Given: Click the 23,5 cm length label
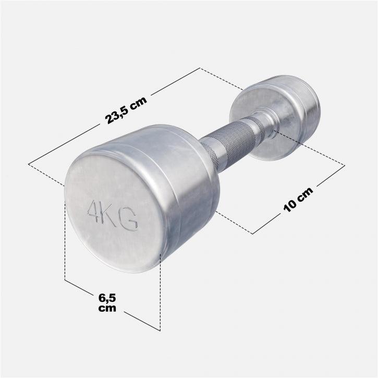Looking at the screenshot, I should [x=126, y=110].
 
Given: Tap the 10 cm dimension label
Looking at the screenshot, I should [x=298, y=198].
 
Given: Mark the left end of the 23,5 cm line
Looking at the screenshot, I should [x=29, y=165].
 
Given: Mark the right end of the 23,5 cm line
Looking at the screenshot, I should [x=200, y=68].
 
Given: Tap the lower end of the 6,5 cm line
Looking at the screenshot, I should [x=159, y=330].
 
